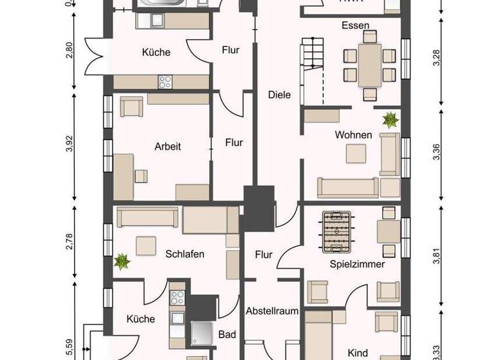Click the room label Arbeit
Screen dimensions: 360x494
[168, 147]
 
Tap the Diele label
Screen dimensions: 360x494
[279, 95]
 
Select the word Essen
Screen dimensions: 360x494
[356, 26]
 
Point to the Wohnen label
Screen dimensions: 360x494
[353, 135]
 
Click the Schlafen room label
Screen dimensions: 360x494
[185, 254]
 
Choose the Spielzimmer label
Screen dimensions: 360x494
[357, 264]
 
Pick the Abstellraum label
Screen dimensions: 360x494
[272, 311]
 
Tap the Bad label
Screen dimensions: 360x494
[227, 334]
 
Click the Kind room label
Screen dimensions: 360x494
[357, 353]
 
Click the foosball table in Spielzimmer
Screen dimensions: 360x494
[335, 231]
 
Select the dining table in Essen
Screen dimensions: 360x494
[369, 65]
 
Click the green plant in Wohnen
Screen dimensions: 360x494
[390, 119]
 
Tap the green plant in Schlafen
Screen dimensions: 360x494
[120, 261]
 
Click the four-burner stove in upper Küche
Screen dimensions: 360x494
[165, 82]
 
